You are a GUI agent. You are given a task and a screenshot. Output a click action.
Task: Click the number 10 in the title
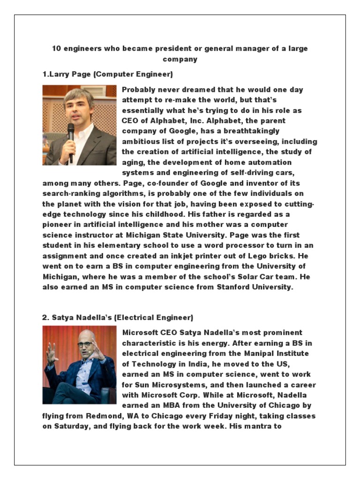click(56, 49)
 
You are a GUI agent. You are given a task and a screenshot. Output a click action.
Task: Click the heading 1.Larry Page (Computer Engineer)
click(107, 74)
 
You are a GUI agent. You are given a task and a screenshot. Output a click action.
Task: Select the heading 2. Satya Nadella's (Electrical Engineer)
click(117, 317)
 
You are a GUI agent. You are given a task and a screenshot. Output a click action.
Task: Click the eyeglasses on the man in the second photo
click(85, 345)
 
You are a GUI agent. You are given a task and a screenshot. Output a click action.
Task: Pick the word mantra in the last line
click(255, 427)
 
